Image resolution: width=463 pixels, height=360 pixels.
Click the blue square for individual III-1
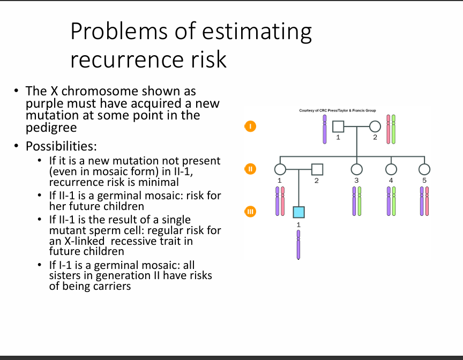298,212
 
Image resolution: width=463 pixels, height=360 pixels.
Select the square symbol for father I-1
338,126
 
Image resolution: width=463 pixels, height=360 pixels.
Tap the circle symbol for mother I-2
375,126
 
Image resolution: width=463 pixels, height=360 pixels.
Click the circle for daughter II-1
280,169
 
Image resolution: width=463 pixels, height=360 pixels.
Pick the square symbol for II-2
317,169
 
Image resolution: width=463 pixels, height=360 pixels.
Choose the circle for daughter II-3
357,169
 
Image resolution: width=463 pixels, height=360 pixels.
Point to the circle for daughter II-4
391,169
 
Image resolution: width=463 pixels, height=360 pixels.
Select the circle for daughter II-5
424,169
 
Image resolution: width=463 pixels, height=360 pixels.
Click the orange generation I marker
250,126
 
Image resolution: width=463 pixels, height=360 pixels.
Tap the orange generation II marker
250,169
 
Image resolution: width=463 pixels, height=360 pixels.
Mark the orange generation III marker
250,212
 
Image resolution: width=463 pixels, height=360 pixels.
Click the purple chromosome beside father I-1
325,129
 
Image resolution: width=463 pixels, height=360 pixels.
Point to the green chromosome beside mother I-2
394,129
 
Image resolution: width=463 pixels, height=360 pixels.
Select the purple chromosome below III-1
298,245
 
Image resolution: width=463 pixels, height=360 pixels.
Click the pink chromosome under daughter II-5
427,201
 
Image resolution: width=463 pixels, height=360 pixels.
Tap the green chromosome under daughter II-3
360,201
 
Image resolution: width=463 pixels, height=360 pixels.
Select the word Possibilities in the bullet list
61,146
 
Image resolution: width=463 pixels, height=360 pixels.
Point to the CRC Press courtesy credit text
338,110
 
